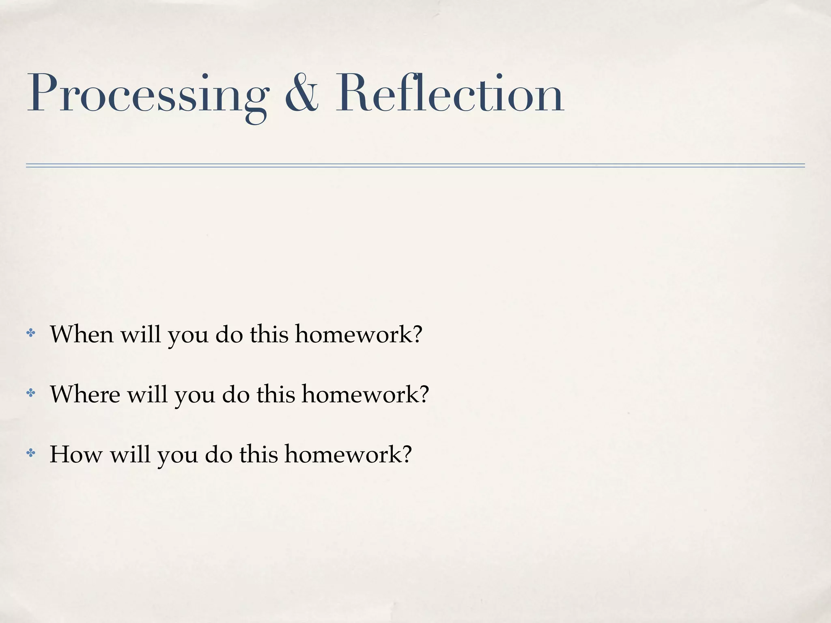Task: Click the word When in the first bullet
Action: coord(82,335)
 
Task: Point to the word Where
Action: coord(85,394)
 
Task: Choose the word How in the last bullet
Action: coord(76,454)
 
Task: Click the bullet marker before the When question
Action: coord(30,333)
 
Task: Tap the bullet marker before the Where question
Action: coord(30,393)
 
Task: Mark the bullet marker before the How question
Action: coord(30,453)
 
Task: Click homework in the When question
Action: coord(358,335)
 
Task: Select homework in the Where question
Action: coord(365,394)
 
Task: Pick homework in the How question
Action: coord(348,454)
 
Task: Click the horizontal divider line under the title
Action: coord(415,165)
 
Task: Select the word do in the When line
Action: coord(229,335)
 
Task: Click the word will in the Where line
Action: coord(147,394)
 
